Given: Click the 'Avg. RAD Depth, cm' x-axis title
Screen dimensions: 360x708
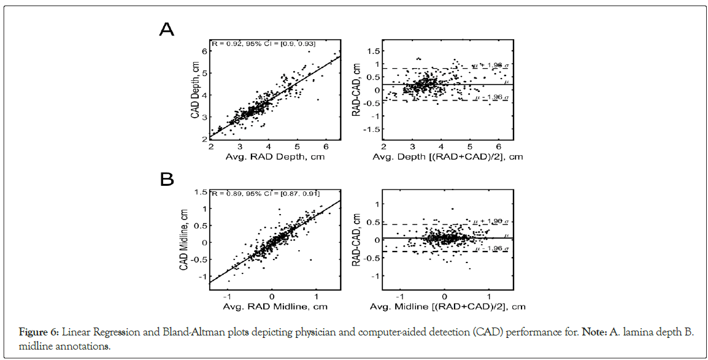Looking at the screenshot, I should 274,157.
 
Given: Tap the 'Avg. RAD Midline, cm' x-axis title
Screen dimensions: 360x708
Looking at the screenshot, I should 274,306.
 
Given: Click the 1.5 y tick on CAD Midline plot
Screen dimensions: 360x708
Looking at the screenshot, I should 201,193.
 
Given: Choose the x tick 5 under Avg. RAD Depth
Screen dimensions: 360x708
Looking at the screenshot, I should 297,147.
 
